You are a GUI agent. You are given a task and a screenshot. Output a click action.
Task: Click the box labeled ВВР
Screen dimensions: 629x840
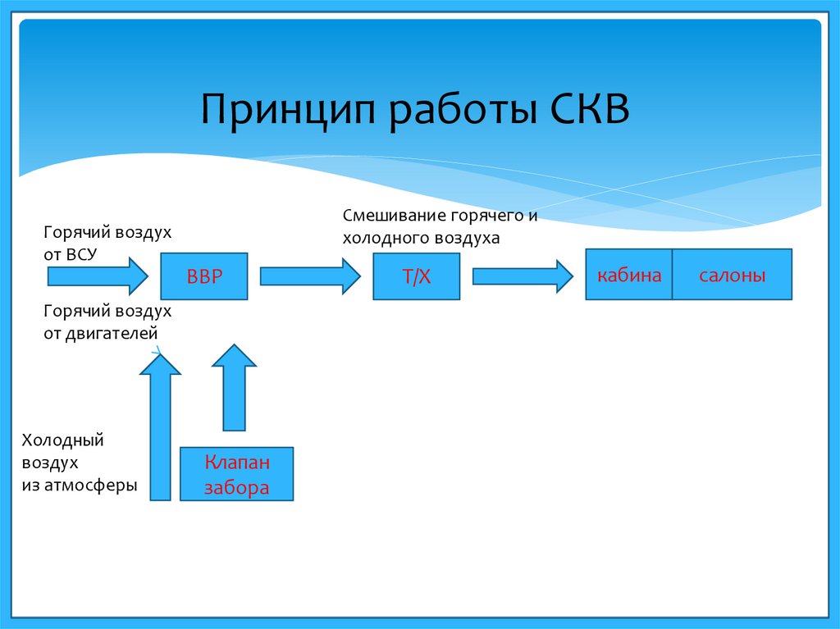click(204, 276)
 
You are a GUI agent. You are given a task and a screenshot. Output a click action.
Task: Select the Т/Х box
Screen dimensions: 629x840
click(416, 276)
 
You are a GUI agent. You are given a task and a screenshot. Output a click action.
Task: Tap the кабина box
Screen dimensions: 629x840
click(629, 275)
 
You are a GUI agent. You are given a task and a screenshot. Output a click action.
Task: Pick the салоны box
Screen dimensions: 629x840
click(733, 275)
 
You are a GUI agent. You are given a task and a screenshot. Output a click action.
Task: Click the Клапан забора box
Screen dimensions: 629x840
click(236, 474)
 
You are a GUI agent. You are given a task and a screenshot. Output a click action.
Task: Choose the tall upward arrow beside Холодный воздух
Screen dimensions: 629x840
click(160, 426)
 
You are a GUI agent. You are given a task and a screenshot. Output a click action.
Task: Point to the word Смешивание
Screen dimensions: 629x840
click(394, 217)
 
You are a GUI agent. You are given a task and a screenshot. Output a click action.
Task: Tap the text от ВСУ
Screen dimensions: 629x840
click(71, 254)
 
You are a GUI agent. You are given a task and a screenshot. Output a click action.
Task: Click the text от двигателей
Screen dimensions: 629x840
click(101, 334)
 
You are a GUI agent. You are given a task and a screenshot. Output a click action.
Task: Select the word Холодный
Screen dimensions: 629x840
click(63, 440)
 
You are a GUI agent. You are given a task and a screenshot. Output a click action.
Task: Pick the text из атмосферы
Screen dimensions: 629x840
click(80, 485)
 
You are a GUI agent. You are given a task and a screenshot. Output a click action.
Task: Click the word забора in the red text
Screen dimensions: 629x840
click(236, 488)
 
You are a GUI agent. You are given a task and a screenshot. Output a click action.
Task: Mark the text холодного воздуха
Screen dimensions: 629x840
click(421, 239)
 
